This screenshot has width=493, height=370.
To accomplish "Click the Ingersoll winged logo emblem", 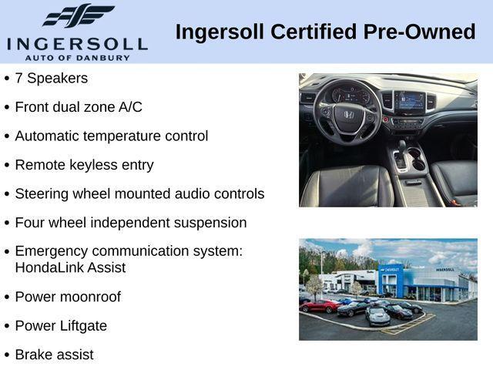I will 78,16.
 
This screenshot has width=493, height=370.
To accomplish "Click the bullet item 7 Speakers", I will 51,78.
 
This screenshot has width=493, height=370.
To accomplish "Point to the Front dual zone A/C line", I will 79,107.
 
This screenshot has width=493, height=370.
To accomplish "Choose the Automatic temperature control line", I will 111,136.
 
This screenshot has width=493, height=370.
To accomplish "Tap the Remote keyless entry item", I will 84,165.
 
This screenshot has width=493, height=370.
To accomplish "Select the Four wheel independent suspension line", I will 131,223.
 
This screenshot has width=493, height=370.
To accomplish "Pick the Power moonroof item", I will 68,297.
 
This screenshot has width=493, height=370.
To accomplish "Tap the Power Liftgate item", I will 61,325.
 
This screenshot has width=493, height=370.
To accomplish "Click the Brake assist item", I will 54,355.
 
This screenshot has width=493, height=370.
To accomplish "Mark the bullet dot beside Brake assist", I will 7,355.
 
